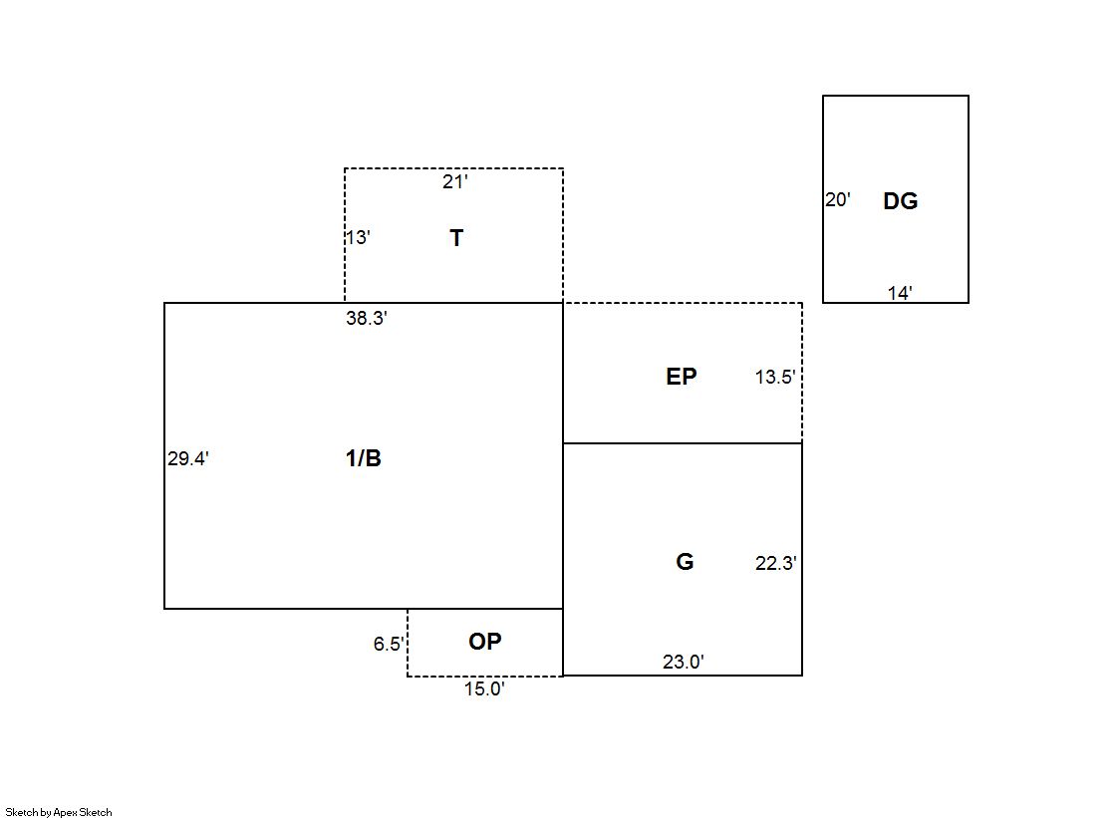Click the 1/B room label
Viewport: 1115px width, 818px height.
pos(364,458)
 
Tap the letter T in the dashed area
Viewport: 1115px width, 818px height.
pos(456,237)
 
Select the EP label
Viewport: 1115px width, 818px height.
pos(682,377)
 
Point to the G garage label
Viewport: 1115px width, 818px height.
pos(685,562)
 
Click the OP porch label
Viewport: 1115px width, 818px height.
pos(485,642)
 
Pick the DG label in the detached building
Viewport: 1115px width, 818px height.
pos(900,201)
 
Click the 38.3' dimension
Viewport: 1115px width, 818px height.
pos(367,318)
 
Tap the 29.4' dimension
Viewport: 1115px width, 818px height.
pos(188,458)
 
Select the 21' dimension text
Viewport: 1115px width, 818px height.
pos(455,182)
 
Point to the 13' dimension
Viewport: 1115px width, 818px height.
pos(358,237)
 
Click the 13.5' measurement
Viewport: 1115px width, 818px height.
pos(775,377)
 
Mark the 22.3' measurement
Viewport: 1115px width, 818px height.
pos(776,563)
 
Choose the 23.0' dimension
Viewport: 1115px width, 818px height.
pos(684,662)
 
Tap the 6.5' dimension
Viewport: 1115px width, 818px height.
pos(389,644)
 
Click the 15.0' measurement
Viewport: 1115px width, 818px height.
pos(485,688)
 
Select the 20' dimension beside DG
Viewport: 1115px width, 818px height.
pos(838,200)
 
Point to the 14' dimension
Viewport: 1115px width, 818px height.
pos(900,292)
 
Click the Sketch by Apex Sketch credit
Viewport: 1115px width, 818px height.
pos(59,812)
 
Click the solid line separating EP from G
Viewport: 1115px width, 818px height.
pos(683,443)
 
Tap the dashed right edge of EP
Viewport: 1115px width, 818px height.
pos(802,373)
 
